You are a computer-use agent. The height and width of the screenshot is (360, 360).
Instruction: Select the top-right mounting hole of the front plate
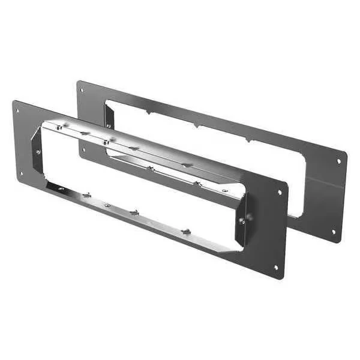click(x=280, y=193)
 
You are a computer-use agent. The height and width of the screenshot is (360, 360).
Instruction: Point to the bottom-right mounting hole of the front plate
click(x=275, y=267)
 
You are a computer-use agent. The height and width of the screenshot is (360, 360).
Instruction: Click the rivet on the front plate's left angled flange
click(x=38, y=152)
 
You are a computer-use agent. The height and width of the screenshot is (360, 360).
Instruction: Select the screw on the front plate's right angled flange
click(x=242, y=220)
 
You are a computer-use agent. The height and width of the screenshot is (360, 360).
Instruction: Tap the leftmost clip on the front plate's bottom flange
click(x=87, y=195)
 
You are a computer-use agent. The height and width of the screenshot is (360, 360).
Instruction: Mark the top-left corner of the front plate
click(x=13, y=101)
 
